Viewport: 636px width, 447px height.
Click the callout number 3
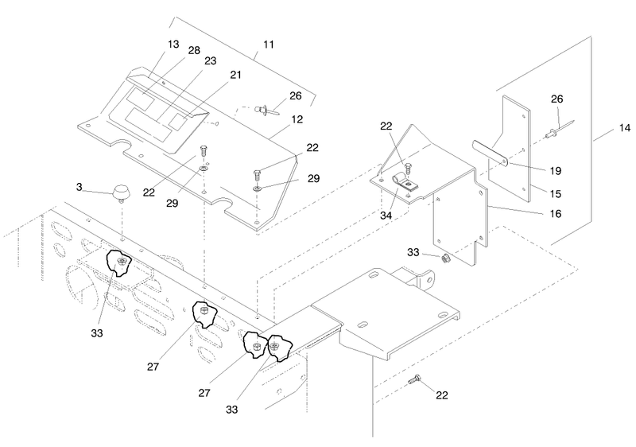[79, 187]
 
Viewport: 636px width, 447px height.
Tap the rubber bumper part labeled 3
[121, 192]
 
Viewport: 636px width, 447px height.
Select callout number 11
[269, 45]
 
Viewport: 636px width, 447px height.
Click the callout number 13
[173, 45]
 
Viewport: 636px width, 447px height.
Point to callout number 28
[194, 50]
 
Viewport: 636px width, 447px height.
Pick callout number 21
[235, 75]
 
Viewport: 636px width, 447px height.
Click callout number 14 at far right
[625, 128]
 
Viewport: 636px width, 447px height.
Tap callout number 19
[555, 171]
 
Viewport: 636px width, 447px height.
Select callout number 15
[555, 194]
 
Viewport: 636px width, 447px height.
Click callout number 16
[555, 213]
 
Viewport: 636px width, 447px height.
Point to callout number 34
[386, 216]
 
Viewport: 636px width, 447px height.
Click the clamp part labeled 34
[404, 181]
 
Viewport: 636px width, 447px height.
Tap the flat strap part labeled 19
[490, 153]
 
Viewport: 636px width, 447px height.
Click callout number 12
[297, 119]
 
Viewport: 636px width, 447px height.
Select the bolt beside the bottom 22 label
[414, 380]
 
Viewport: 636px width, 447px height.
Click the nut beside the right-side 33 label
[445, 257]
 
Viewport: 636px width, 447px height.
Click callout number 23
[210, 60]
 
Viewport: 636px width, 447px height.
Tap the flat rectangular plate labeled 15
[509, 149]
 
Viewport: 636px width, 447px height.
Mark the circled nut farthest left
[122, 261]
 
